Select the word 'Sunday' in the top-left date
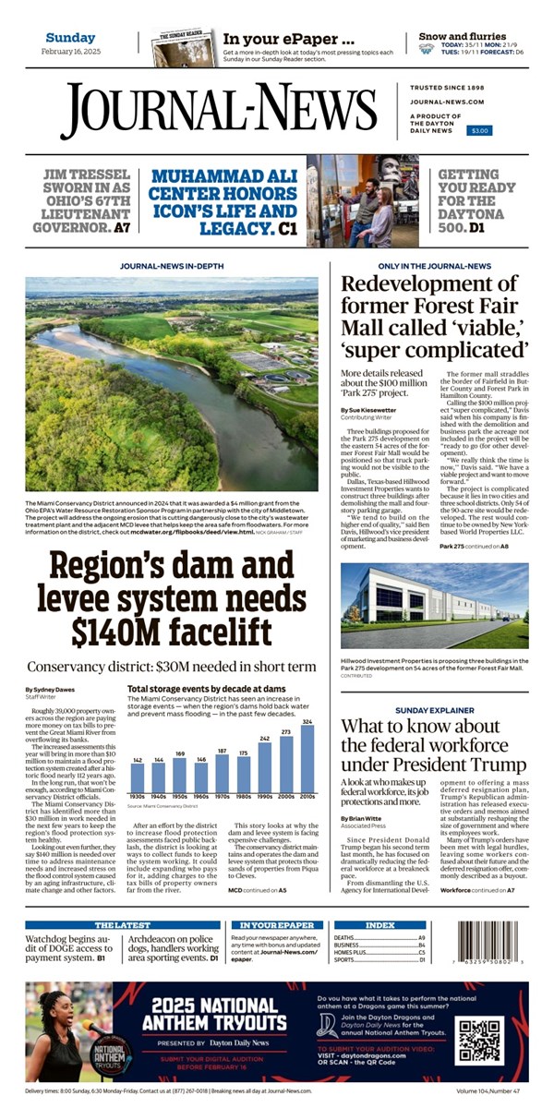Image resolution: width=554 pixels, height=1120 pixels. pos(70,37)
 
